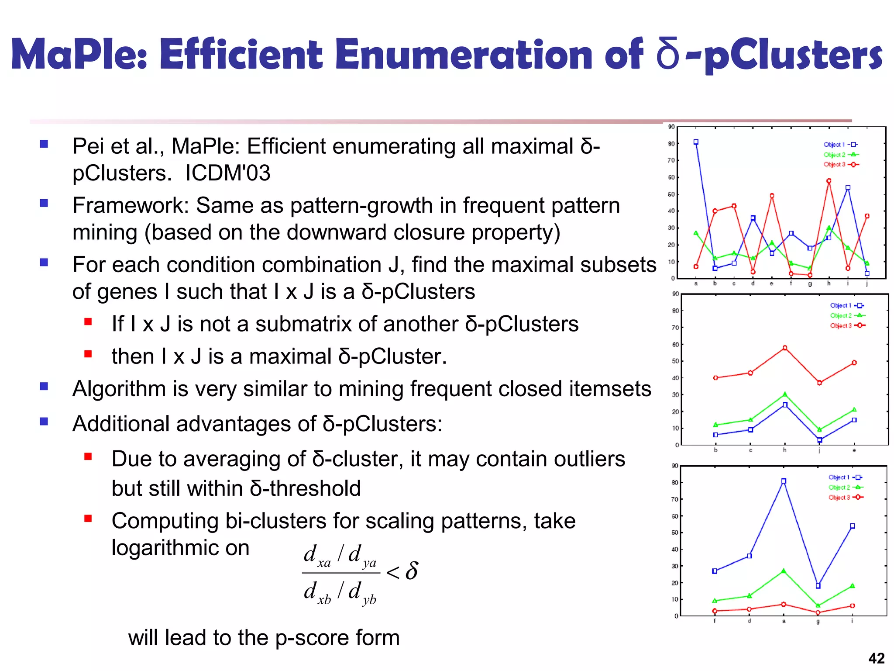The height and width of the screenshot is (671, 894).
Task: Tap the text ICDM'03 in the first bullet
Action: click(x=227, y=173)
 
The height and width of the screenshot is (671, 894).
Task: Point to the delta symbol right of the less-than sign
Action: click(x=412, y=571)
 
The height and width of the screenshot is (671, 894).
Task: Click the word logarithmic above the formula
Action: click(x=180, y=547)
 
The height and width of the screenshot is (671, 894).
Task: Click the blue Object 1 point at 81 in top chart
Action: click(x=696, y=142)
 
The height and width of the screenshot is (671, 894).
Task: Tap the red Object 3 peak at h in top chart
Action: click(x=829, y=181)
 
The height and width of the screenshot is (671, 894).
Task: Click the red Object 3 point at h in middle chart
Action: click(x=785, y=348)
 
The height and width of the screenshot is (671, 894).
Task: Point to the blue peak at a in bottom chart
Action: click(x=784, y=481)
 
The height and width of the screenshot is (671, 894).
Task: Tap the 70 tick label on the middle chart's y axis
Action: click(x=675, y=328)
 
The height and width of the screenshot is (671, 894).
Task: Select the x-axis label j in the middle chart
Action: click(x=819, y=450)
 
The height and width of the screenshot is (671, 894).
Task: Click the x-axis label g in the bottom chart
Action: click(x=818, y=621)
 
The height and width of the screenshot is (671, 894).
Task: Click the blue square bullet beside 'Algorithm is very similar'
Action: click(x=44, y=386)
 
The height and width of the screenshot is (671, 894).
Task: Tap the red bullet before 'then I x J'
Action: click(x=88, y=354)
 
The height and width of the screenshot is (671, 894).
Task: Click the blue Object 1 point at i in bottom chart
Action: click(x=853, y=526)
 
